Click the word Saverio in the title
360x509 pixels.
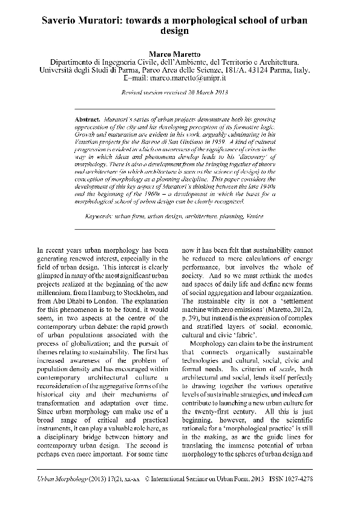[62, 20]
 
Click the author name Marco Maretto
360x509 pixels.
[180, 54]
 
